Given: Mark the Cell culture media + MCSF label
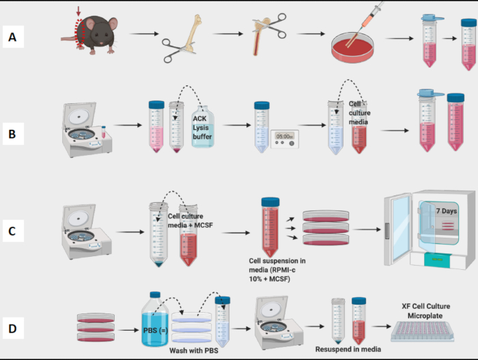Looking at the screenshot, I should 193,221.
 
